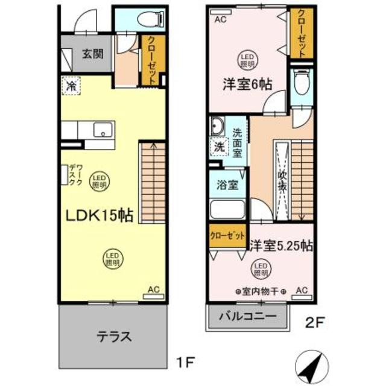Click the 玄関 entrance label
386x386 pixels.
point(92,53)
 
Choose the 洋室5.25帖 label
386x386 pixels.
point(280,245)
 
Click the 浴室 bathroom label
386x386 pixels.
point(226,185)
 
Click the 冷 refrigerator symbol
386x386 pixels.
point(71,86)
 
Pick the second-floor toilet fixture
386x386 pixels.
point(300,83)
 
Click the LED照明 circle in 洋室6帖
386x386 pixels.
point(245,57)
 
